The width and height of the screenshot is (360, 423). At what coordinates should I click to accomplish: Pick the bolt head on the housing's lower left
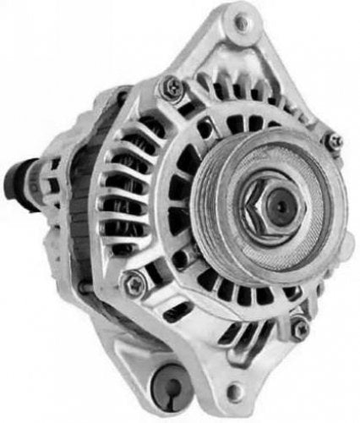(x=133, y=285)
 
